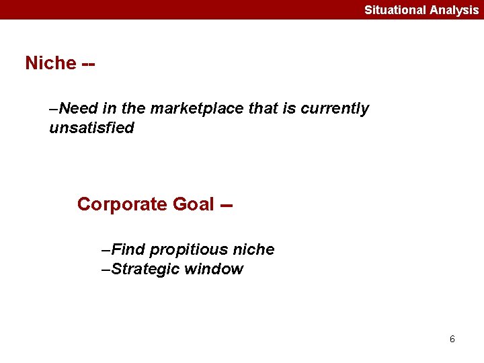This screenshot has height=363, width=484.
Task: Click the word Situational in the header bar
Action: coord(394,10)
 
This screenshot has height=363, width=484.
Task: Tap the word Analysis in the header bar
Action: coord(454,10)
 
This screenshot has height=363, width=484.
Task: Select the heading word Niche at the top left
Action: coord(50,63)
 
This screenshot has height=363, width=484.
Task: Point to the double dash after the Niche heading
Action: coord(88,63)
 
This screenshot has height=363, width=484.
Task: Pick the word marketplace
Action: coord(198,109)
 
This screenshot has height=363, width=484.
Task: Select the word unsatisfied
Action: coord(91,128)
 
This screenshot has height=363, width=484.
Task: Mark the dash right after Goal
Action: coord(227,204)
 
